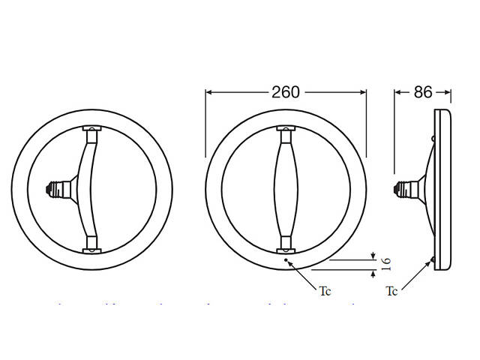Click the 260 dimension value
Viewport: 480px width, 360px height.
[x=286, y=92]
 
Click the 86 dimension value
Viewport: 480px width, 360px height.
[x=423, y=92]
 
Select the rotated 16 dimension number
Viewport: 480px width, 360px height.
[x=386, y=262]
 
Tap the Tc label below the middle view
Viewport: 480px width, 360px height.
[x=325, y=291]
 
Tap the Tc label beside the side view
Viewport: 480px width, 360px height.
[x=391, y=291]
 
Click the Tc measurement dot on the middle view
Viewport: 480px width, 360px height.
[x=287, y=260]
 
